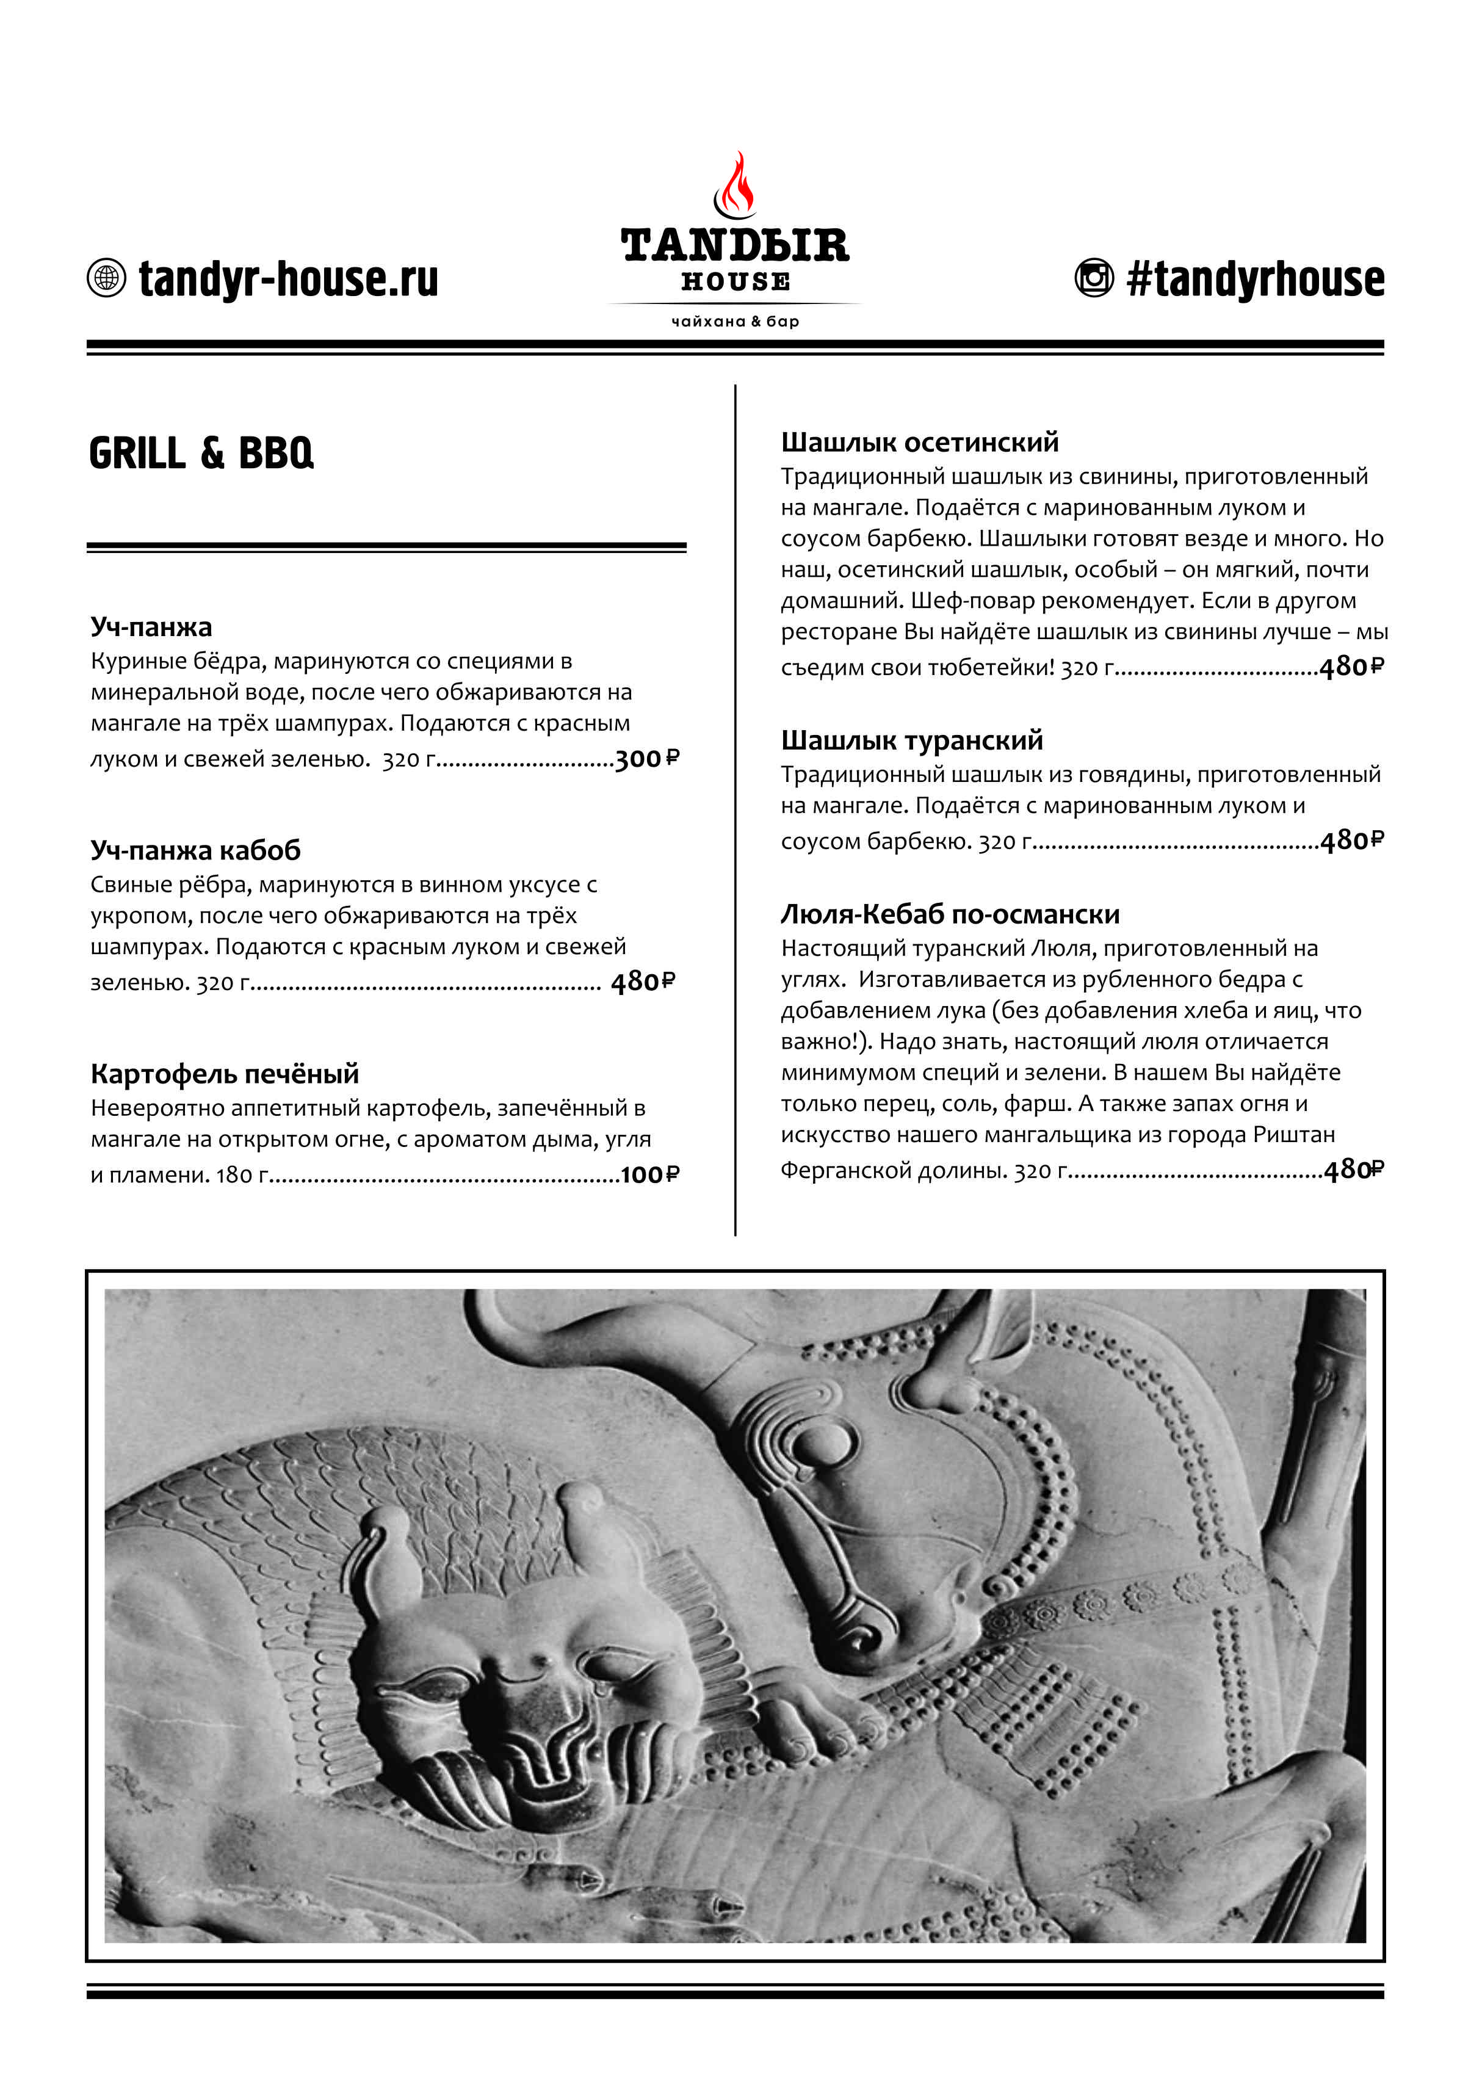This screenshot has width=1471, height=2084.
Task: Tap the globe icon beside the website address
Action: tap(106, 278)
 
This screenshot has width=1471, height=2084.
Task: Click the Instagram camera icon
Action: tap(1094, 278)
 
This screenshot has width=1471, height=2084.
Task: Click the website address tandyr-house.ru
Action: tap(289, 278)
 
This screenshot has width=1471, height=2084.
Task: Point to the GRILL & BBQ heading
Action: tap(201, 453)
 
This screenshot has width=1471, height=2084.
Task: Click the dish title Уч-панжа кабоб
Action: tap(195, 850)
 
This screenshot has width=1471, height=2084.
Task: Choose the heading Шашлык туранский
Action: tap(911, 740)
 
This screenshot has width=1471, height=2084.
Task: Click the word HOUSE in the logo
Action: tap(736, 281)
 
